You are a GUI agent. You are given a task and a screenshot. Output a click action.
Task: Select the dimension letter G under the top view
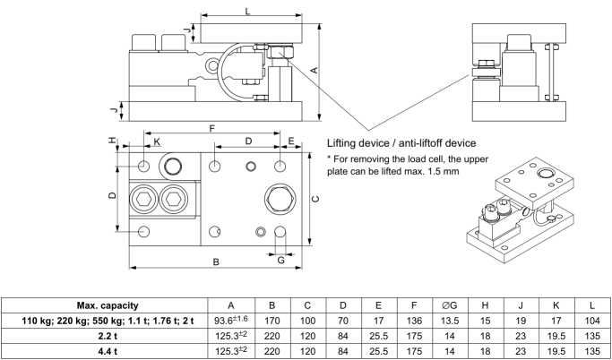280,260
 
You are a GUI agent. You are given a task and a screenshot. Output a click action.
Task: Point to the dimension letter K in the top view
157,142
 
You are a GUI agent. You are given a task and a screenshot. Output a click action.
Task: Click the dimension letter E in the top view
292,142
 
